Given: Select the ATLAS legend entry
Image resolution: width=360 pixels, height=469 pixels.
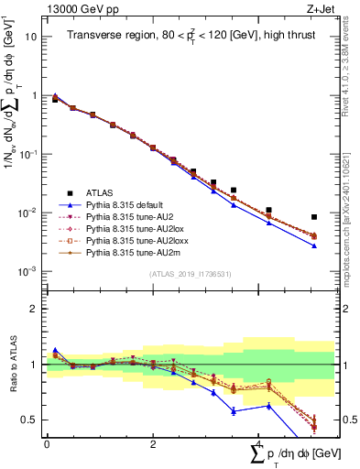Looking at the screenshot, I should pos(100,192).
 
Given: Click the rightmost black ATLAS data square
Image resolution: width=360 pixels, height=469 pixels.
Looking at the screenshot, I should pos(314,217).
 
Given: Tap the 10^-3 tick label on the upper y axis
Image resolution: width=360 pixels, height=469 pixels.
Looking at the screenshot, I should pos(27,271).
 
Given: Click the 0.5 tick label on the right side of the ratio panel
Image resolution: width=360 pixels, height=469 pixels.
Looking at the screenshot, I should pos(345,420).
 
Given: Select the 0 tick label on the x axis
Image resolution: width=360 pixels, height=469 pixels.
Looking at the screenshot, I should pos(46,444).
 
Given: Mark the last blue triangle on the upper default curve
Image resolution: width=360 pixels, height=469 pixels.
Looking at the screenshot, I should pos(314,245).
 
